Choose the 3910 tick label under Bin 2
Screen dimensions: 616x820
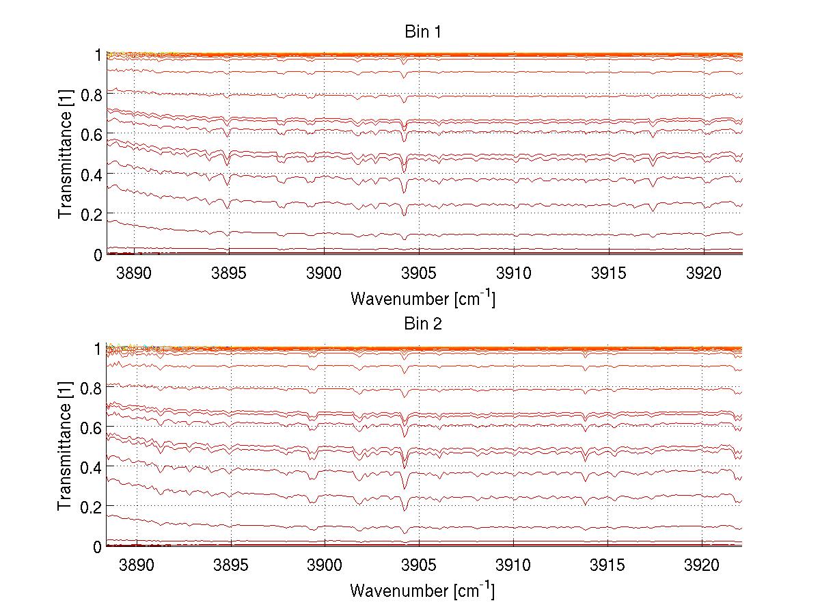click(x=513, y=567)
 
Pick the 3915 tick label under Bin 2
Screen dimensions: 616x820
click(x=608, y=567)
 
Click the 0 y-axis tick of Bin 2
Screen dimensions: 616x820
click(x=98, y=546)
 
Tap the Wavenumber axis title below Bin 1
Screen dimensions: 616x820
click(x=423, y=298)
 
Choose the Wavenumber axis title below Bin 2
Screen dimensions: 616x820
click(x=423, y=590)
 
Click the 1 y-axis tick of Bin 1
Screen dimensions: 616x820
click(x=98, y=55)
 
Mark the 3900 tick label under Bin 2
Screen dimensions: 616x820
click(x=324, y=567)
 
